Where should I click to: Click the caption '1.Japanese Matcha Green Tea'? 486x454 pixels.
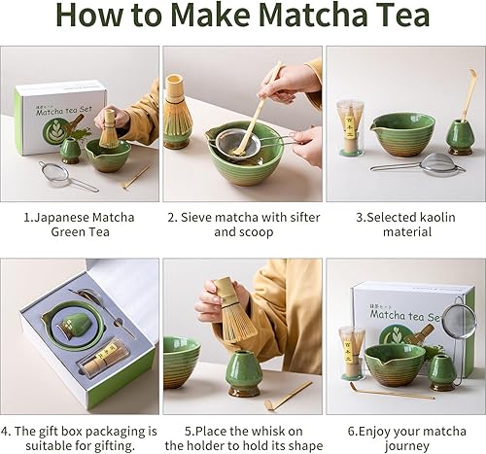79,225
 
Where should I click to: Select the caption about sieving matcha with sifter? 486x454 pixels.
243,225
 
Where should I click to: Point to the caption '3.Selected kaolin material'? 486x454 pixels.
405,225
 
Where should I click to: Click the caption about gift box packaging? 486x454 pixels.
79,437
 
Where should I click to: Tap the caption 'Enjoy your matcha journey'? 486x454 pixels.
405,437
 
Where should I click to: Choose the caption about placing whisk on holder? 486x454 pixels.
243,437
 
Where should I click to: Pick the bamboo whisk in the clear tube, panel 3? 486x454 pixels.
350,126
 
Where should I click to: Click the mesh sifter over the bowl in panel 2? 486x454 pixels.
231,144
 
